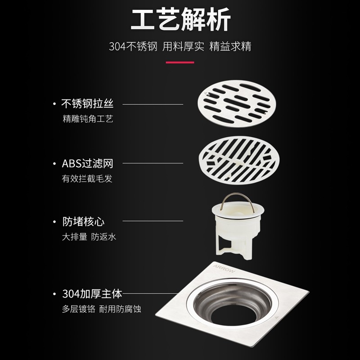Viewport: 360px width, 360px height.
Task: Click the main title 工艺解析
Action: point(181,19)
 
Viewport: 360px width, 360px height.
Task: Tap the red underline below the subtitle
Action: point(180,62)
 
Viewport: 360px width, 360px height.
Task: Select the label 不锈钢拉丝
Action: point(87,103)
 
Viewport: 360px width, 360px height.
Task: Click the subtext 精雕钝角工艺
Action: point(88,119)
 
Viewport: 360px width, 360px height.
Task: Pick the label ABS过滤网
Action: point(87,164)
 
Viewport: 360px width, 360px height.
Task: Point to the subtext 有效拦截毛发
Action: point(87,179)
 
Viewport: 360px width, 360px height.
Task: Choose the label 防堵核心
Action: point(83,222)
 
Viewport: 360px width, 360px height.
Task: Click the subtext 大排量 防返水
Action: point(89,237)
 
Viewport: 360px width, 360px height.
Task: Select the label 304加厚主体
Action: point(92,294)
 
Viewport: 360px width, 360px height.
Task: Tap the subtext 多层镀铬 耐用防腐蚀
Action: point(101,309)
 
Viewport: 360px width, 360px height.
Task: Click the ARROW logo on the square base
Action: point(224,269)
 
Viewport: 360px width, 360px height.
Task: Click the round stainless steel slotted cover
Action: point(237,103)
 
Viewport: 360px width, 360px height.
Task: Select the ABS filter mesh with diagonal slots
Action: point(239,160)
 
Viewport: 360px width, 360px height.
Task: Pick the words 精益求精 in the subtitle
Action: point(230,46)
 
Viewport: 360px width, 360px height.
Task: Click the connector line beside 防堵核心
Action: point(153,221)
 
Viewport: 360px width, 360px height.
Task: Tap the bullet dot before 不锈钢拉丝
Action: point(54,104)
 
